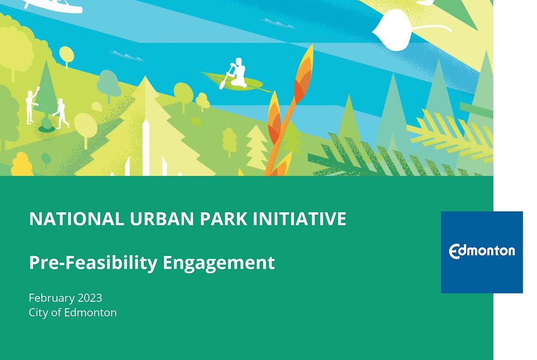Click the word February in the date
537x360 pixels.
click(x=50, y=298)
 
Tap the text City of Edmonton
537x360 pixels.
click(x=72, y=313)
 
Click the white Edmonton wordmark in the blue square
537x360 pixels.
click(x=482, y=251)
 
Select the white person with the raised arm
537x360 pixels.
click(x=31, y=106)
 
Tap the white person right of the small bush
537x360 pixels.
click(x=60, y=114)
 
